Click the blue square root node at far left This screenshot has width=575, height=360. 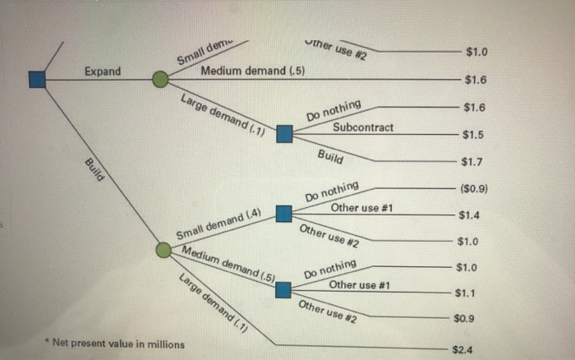(36, 79)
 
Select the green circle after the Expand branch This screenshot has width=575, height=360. (161, 79)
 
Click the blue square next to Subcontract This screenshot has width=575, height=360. (284, 133)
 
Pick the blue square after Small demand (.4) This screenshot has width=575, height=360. (283, 215)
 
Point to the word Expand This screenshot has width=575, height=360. (103, 72)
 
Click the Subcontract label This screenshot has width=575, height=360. (363, 127)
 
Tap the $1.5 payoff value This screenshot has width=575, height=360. (473, 135)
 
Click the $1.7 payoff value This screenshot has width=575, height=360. (474, 162)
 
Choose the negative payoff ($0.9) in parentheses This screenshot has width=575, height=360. (474, 188)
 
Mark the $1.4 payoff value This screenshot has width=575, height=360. (470, 215)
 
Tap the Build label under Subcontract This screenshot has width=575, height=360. (329, 155)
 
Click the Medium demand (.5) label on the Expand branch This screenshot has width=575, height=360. (253, 71)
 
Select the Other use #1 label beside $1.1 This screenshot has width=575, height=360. (358, 285)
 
